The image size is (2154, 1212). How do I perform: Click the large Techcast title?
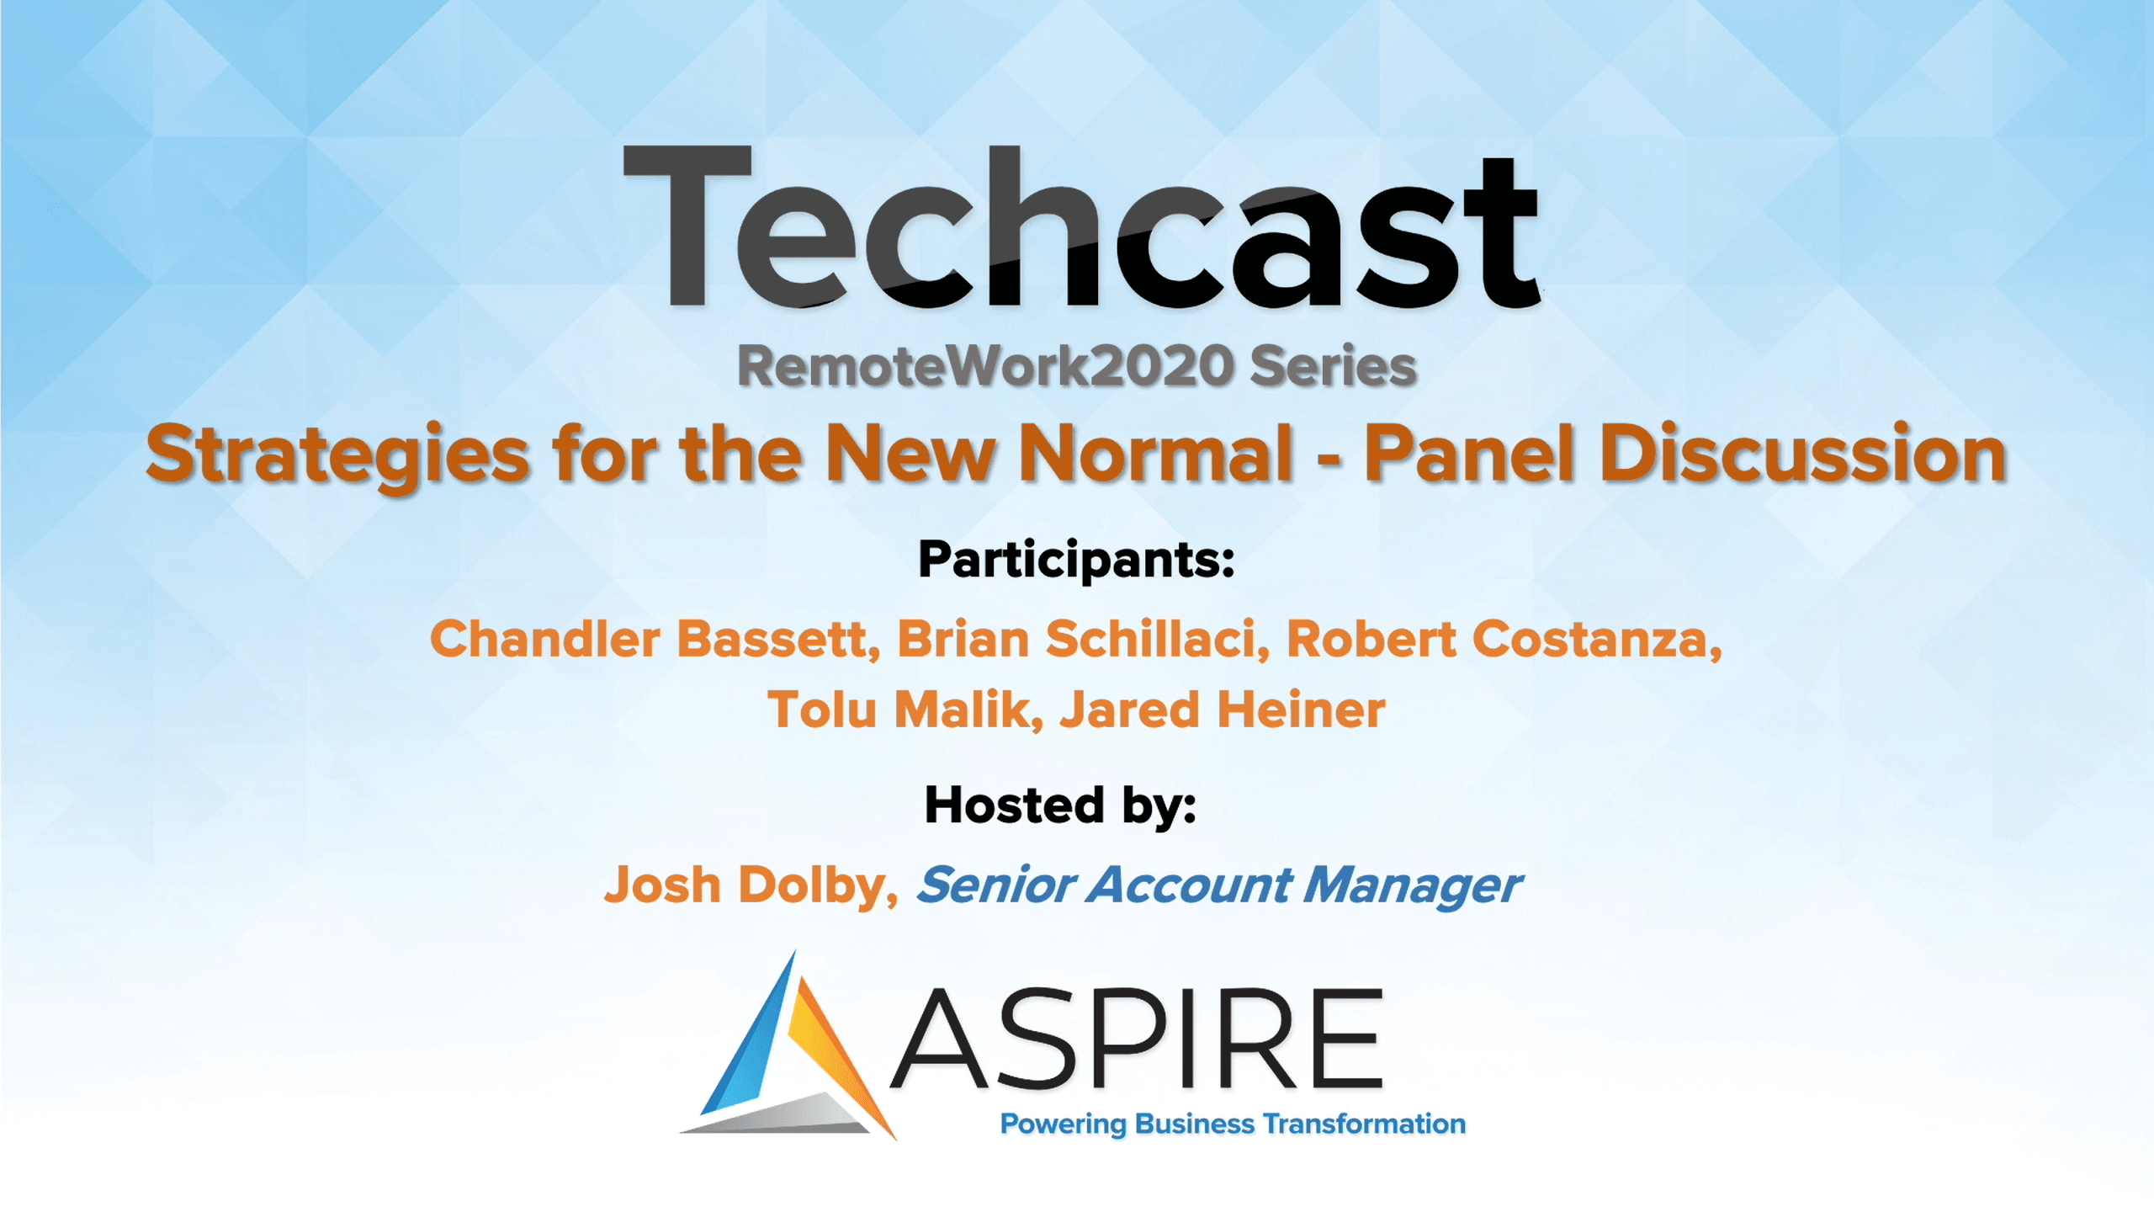tap(1080, 227)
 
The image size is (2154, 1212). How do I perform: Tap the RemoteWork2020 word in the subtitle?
tap(985, 367)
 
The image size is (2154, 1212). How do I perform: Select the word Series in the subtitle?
tap(1333, 367)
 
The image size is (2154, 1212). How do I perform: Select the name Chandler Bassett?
tap(655, 639)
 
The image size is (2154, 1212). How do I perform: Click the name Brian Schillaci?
tap(1083, 639)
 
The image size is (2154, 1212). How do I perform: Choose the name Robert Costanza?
tap(1504, 639)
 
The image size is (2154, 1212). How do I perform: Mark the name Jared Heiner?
tap(1223, 710)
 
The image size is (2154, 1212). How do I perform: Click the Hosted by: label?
tap(1060, 806)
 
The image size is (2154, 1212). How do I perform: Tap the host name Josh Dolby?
tap(751, 886)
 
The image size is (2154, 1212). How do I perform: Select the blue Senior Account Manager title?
tap(1218, 886)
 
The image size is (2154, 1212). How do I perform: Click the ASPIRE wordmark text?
tap(1137, 1039)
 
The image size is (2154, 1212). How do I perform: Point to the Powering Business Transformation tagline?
tap(1233, 1124)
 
